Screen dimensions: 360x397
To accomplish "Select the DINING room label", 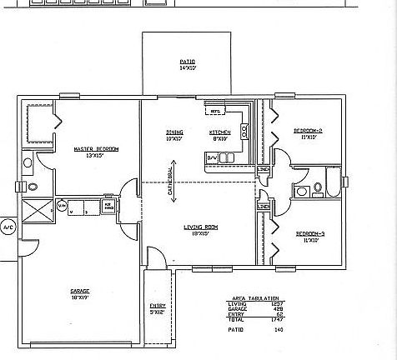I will coord(174,132).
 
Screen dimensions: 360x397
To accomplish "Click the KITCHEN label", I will coord(219,132).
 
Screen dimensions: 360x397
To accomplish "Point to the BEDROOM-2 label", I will coord(308,132).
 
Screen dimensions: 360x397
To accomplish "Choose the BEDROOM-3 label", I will coord(308,237).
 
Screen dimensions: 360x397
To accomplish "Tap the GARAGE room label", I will coord(80,292).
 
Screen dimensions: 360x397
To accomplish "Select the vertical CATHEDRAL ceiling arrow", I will coord(170,180).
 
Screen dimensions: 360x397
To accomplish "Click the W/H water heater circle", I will coord(63,204).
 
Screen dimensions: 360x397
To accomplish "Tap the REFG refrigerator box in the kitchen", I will coord(214,111).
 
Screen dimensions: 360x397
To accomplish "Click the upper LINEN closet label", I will coord(264,170).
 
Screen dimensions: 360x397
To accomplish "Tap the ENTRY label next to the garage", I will coord(156,307).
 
